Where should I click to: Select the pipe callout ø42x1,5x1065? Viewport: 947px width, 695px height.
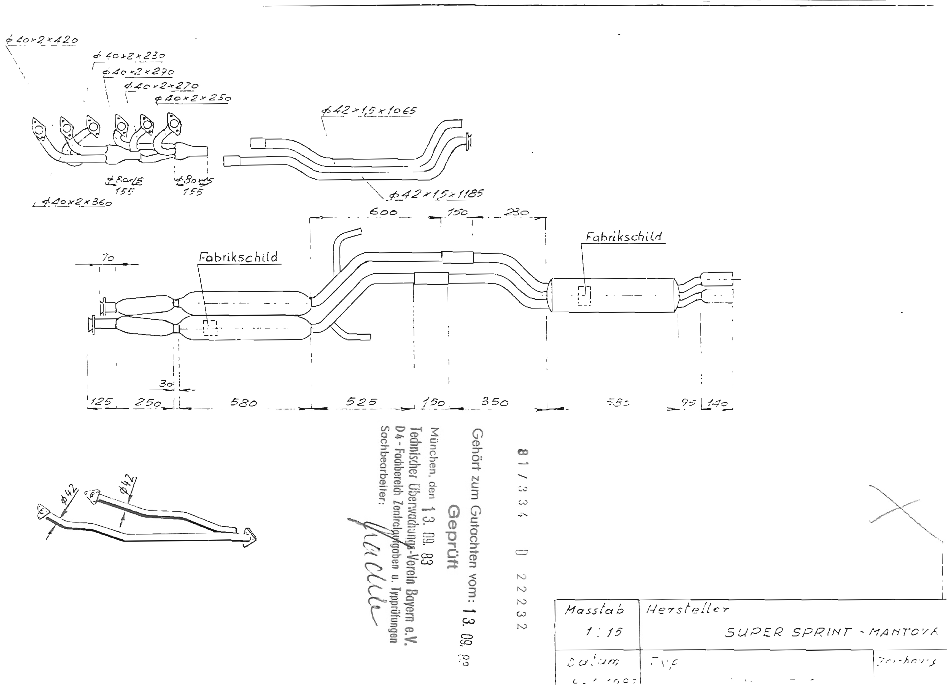pyautogui.click(x=369, y=111)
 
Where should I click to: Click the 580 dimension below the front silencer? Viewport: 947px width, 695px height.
pyautogui.click(x=244, y=403)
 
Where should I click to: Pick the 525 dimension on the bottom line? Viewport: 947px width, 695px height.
pyautogui.click(x=361, y=402)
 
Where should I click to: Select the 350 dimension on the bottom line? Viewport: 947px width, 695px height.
pyautogui.click(x=495, y=402)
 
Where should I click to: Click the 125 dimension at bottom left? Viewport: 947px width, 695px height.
pyautogui.click(x=101, y=402)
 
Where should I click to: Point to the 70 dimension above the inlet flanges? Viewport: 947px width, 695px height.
pyautogui.click(x=108, y=258)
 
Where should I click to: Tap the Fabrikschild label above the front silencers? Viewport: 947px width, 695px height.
pyautogui.click(x=238, y=257)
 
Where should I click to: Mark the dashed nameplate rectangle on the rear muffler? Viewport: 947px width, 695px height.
pyautogui.click(x=584, y=296)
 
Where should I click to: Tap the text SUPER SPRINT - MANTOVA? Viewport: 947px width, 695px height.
pyautogui.click(x=831, y=632)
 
